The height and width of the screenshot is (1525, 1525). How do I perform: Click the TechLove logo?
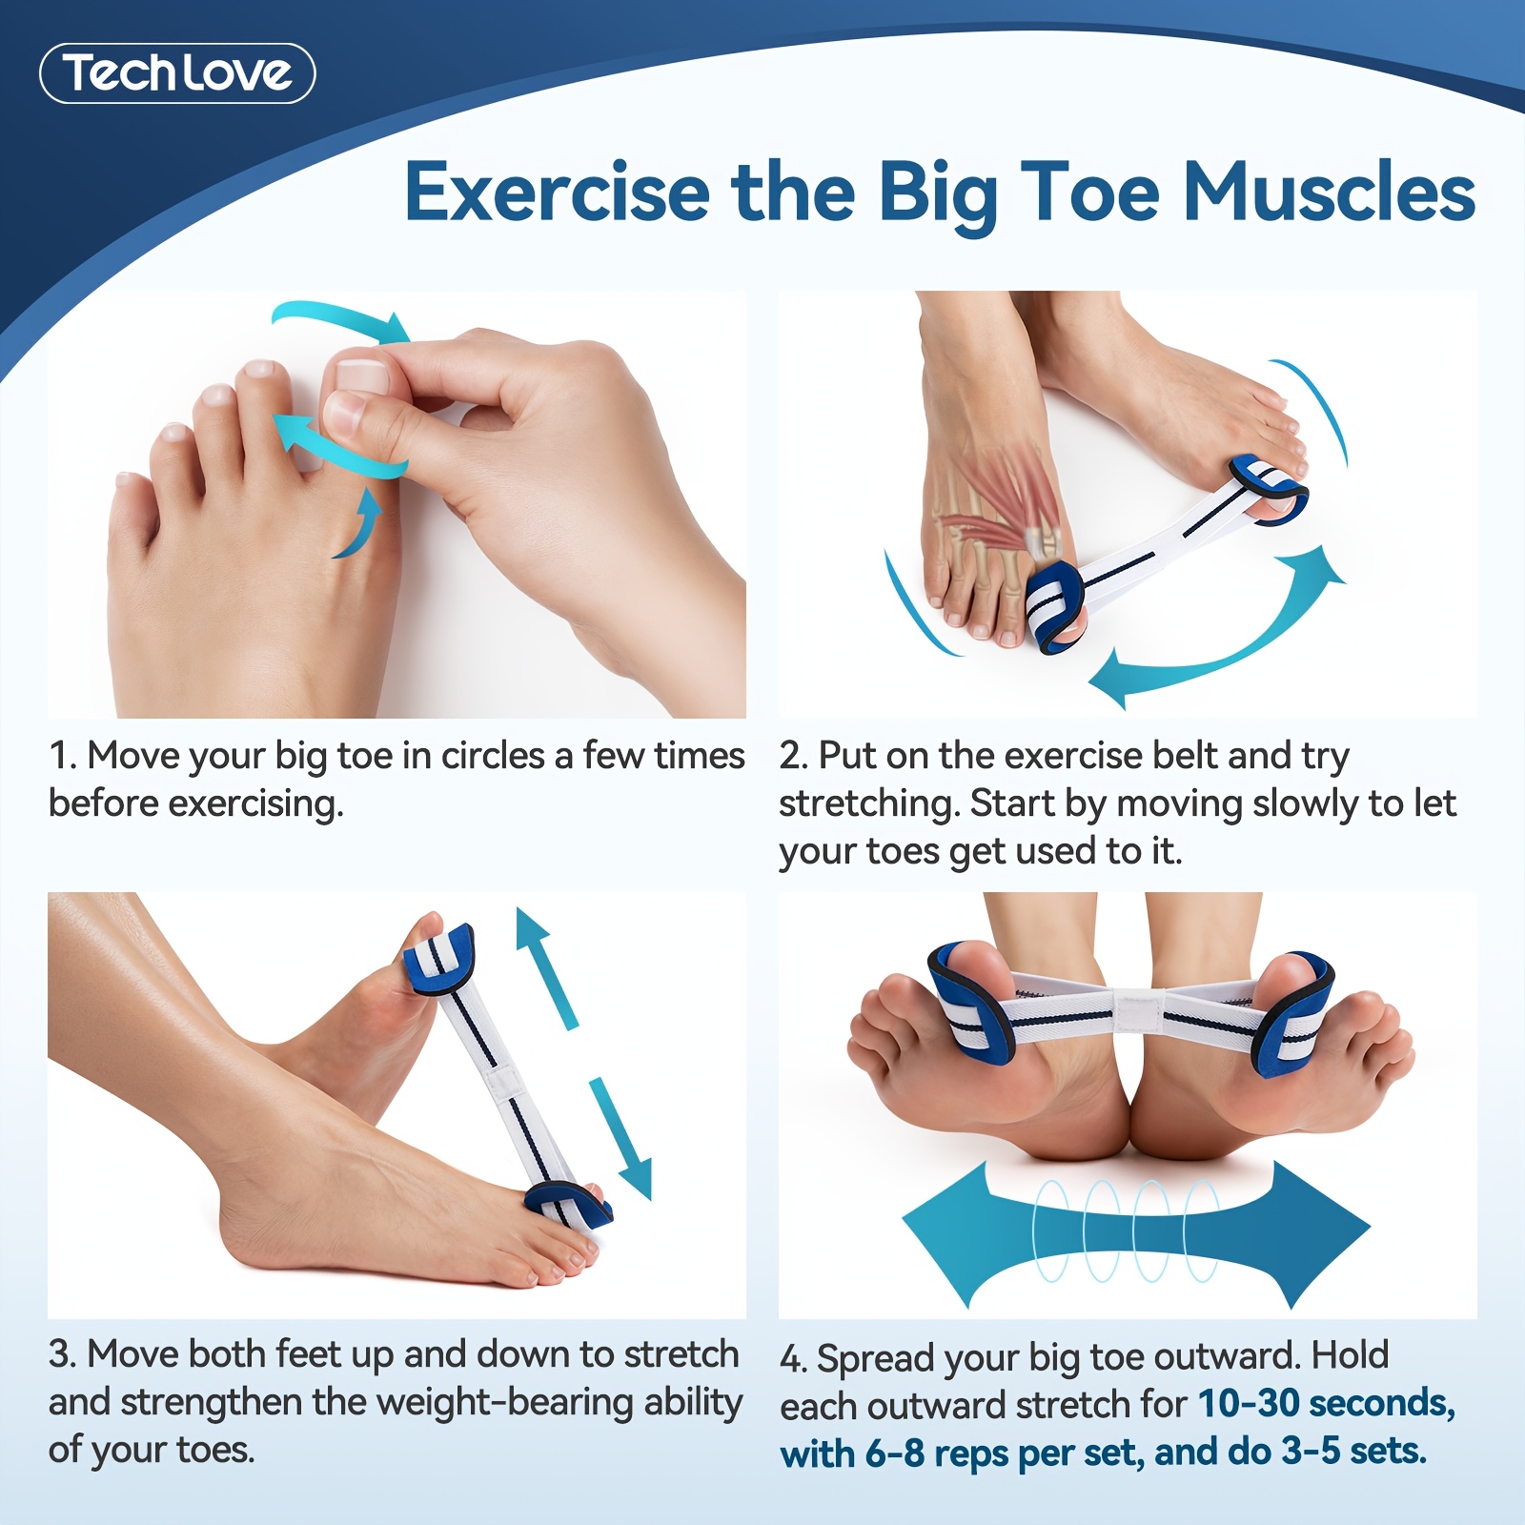[x=177, y=73]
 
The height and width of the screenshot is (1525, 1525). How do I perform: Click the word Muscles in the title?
[x=1329, y=193]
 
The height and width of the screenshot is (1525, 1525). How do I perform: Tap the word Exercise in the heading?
[x=557, y=193]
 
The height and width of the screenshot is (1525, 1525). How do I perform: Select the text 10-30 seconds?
[x=1326, y=1403]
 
